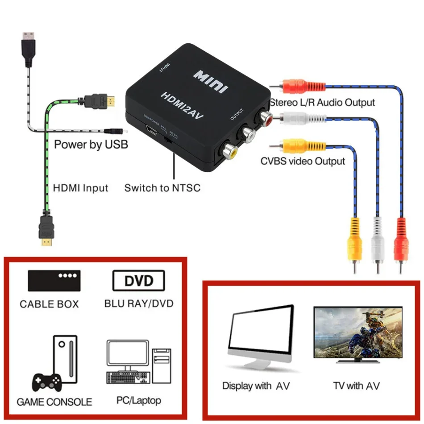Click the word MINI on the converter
(211, 81)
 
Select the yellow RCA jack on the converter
(231, 152)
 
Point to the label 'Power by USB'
(91, 145)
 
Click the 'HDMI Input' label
(80, 188)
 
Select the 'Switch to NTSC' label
(162, 188)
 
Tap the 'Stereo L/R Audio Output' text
(322, 102)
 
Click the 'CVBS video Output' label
(303, 161)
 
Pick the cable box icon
(54, 280)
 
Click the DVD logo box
(138, 281)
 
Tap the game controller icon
(47, 382)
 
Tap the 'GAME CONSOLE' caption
(54, 402)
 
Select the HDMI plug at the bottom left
(46, 229)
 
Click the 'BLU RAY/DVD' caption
(138, 303)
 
